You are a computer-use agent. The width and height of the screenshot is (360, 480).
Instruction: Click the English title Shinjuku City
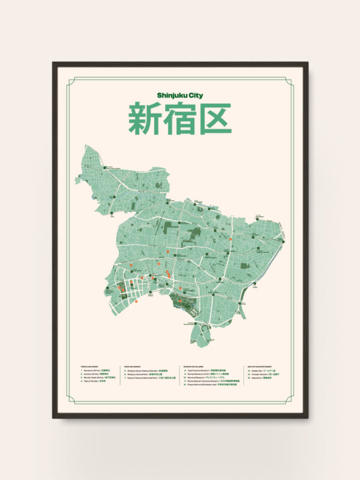pos(179,95)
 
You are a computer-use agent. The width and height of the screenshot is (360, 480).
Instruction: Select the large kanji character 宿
pos(179,118)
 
